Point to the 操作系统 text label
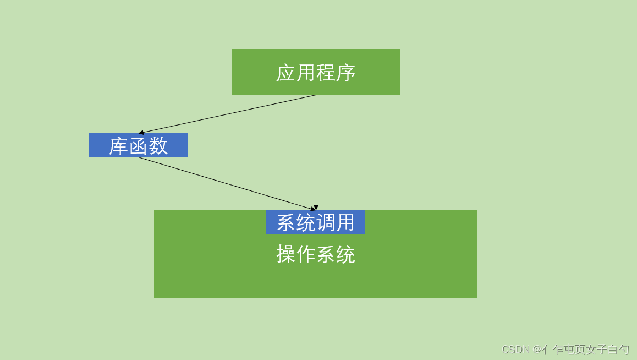[x=316, y=255]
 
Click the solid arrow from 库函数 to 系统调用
[x=226, y=183]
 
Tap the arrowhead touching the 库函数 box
[x=141, y=133]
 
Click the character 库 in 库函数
[x=118, y=146]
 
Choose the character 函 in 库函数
[x=138, y=146]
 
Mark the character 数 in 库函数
[x=158, y=146]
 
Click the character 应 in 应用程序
[x=286, y=73]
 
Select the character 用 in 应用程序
[x=306, y=73]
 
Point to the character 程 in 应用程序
[x=326, y=73]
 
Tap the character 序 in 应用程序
[x=346, y=73]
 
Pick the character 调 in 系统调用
[x=325, y=222]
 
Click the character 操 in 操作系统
[x=286, y=255]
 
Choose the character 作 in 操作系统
[x=306, y=255]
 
